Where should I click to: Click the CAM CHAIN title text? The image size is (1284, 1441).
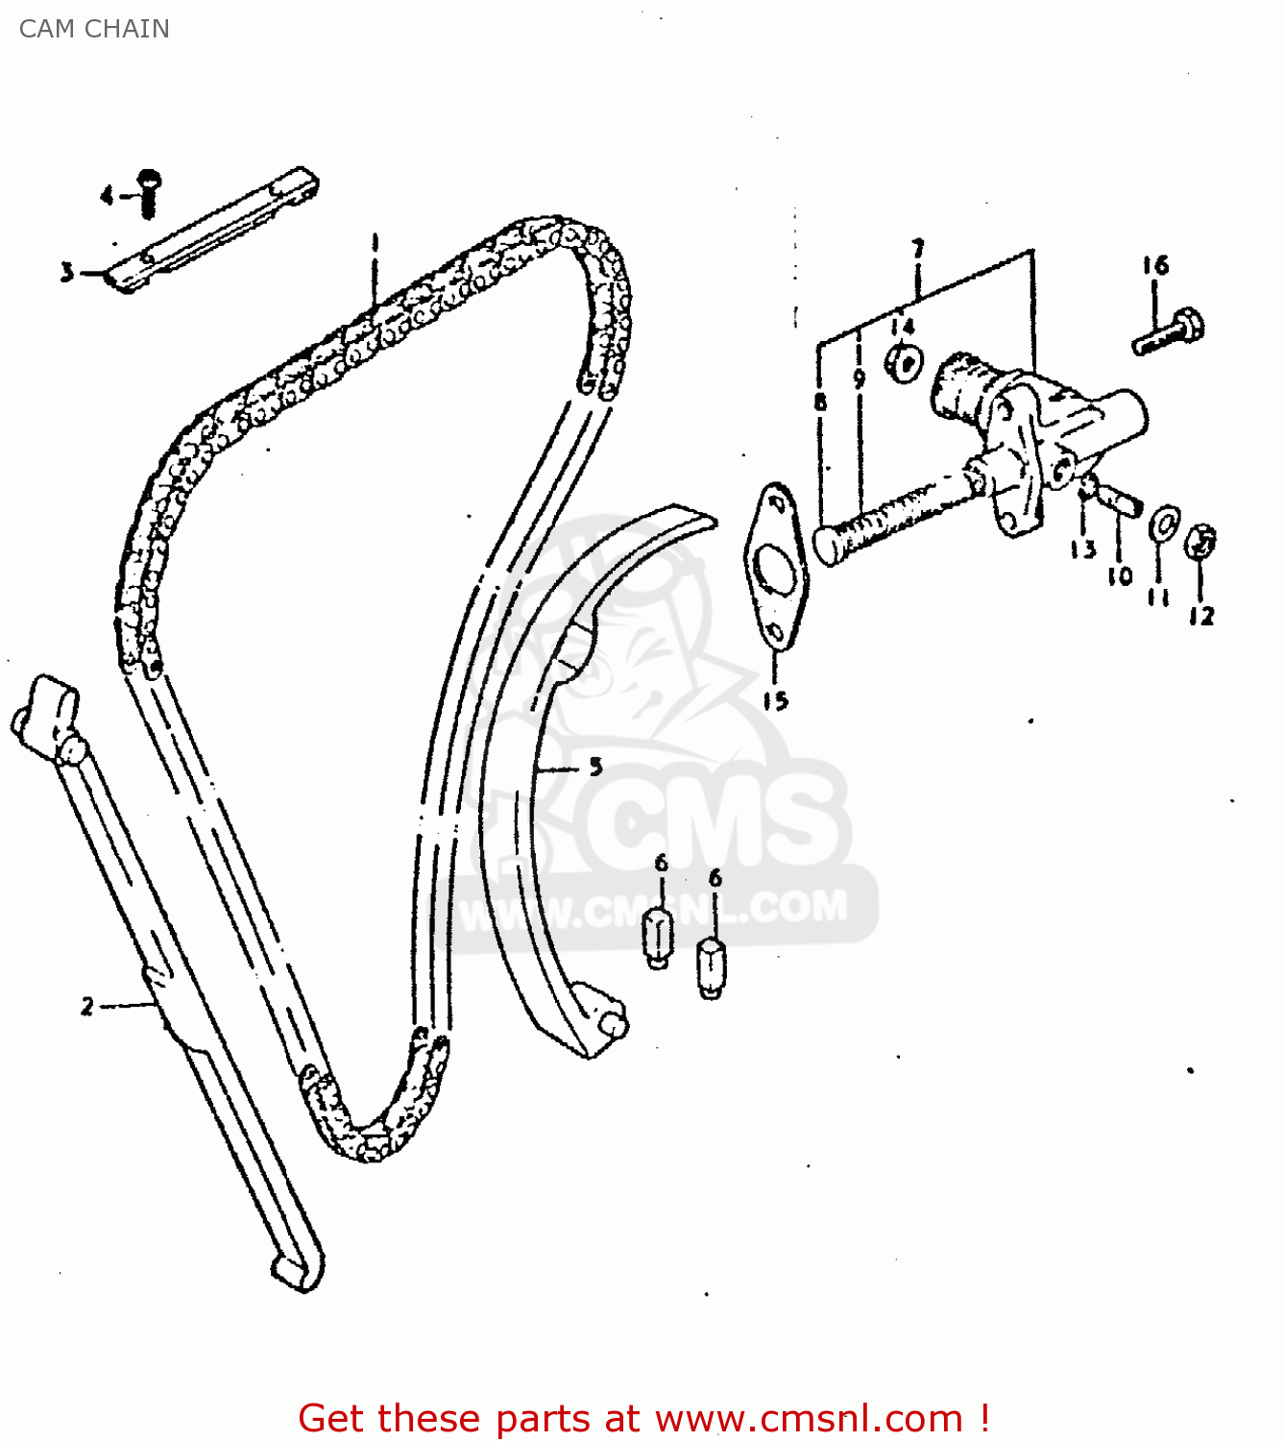point(94,29)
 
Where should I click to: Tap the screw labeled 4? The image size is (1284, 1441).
point(148,193)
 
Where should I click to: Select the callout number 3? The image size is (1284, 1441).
point(66,273)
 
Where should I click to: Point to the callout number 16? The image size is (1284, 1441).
point(1155,265)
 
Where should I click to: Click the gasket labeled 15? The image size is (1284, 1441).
point(775,567)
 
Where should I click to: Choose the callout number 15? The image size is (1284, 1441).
point(775,700)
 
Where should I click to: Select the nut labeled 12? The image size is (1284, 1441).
point(1201,542)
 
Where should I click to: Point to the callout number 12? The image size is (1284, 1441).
point(1201,616)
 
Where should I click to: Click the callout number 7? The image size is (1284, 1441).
point(918,250)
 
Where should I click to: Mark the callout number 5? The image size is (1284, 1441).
point(595,767)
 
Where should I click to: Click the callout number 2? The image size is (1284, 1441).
point(87,1006)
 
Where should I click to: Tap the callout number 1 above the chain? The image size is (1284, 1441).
point(376,242)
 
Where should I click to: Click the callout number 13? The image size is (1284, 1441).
point(1082,550)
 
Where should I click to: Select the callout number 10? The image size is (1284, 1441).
point(1120,575)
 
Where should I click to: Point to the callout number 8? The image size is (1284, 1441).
point(820,402)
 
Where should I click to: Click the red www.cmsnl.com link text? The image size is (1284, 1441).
point(809,1418)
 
